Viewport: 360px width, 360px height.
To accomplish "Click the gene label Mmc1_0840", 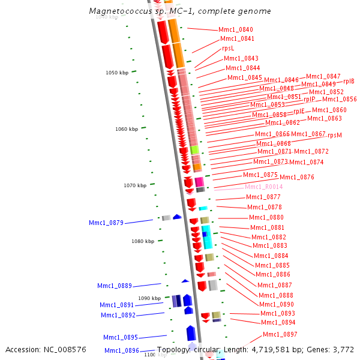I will click(236, 29).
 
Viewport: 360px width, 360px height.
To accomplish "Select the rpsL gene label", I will click(228, 48).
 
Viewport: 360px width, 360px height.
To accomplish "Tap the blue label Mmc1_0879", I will click(106, 223).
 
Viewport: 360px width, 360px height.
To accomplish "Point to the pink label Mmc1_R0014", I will click(263, 187).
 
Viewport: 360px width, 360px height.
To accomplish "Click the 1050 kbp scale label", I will click(117, 73).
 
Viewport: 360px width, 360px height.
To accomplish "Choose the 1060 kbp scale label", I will click(127, 129).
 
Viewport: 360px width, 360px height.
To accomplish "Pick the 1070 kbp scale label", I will click(135, 185).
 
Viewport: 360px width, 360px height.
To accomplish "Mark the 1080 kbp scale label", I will click(143, 241).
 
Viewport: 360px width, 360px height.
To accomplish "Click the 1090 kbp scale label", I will click(149, 298).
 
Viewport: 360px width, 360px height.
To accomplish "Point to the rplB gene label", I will click(349, 81).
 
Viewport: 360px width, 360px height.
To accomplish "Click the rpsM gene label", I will click(335, 135).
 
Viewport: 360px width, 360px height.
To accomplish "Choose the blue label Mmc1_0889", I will click(115, 286).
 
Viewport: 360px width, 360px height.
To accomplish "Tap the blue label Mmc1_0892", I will click(118, 315).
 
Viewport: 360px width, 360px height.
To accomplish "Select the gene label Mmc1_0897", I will click(280, 334).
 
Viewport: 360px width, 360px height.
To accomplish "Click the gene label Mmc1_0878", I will click(265, 207).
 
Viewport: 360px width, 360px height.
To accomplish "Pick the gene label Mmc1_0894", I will click(278, 322).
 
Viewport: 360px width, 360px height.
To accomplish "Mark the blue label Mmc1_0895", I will click(121, 337).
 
